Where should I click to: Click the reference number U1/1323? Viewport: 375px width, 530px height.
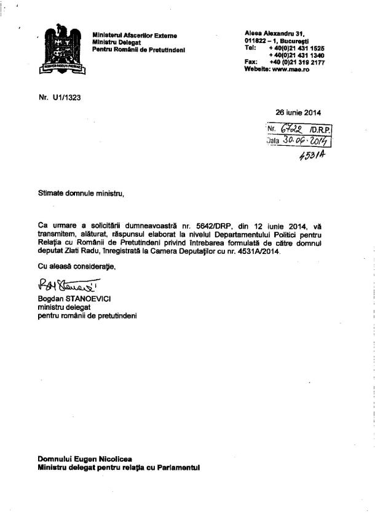coord(65,97)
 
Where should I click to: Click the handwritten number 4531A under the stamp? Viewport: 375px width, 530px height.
coord(312,155)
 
